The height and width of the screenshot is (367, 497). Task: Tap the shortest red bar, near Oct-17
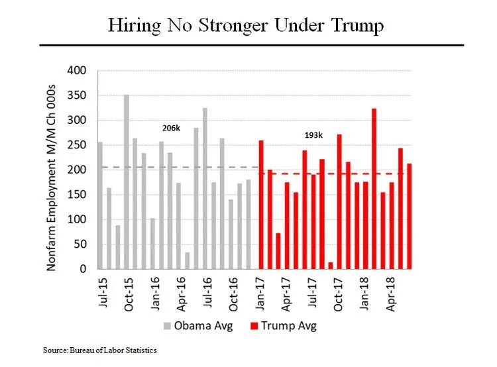(x=330, y=266)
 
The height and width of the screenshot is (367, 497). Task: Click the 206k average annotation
(x=171, y=127)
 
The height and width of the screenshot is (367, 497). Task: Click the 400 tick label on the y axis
(x=78, y=70)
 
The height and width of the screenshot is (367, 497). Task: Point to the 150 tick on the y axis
(x=78, y=195)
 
